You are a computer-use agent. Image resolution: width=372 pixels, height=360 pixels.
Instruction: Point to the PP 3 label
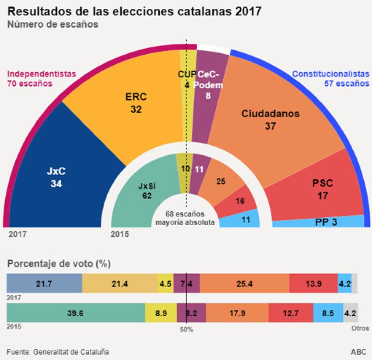pos(326,222)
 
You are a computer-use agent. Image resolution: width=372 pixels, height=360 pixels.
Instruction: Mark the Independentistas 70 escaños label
pos(42,78)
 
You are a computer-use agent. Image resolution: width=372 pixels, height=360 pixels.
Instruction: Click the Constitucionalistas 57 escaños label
pos(330,78)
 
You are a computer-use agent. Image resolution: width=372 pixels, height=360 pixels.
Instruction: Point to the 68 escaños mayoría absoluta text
pos(185,218)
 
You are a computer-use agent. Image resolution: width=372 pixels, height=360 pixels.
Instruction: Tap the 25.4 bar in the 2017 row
pos(244,284)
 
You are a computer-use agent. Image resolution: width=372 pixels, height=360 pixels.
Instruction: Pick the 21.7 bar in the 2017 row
pos(44,284)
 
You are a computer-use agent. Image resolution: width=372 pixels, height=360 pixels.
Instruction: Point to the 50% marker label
pos(186,329)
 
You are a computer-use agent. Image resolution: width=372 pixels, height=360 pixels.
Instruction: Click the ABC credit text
pos(358,352)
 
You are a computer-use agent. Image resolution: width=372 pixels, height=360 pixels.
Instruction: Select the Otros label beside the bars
pos(361,328)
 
